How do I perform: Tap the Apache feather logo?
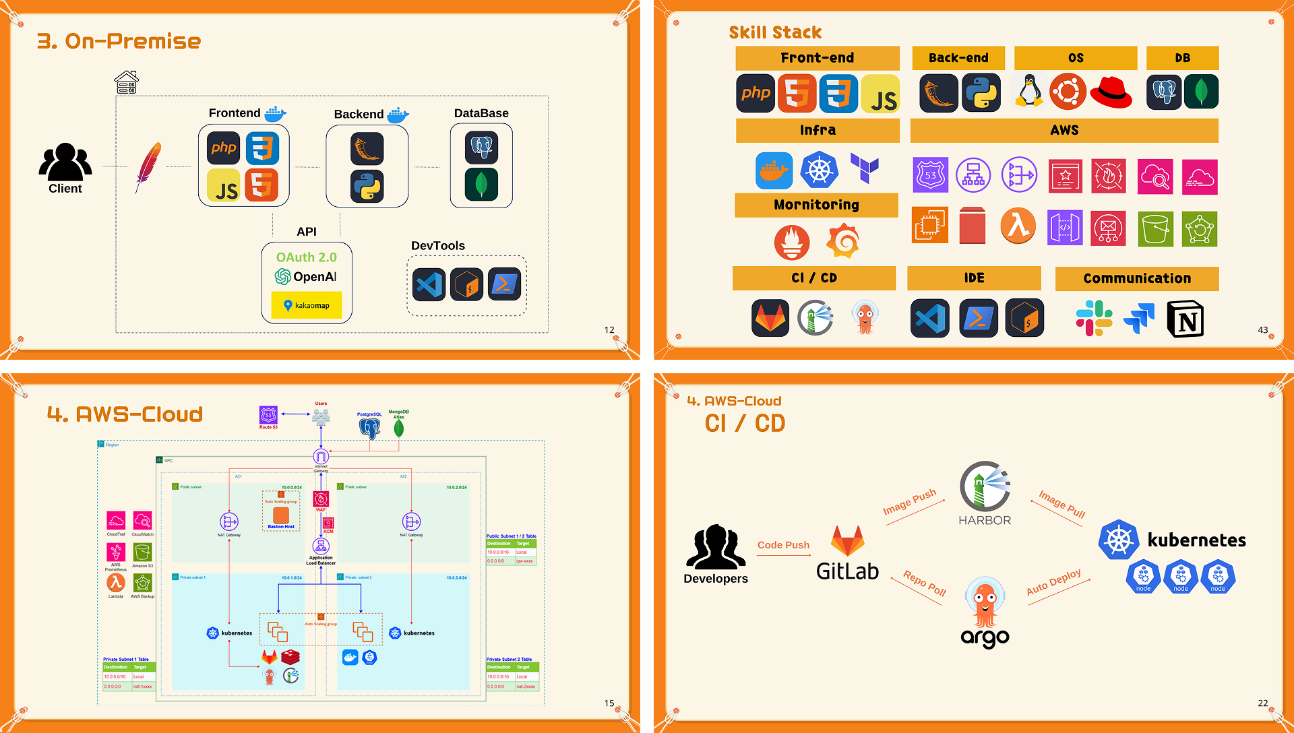pos(148,166)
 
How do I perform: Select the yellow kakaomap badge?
pos(307,305)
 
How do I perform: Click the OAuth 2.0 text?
pos(307,257)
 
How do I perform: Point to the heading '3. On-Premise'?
pos(119,41)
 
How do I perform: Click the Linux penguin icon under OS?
pos(1029,92)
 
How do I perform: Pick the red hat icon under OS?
pos(1111,92)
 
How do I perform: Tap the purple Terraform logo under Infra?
pos(864,168)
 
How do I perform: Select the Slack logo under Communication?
pos(1093,319)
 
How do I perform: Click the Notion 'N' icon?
pos(1185,319)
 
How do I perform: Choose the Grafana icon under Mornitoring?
pos(843,241)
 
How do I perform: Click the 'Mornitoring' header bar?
pos(816,205)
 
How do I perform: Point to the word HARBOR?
pos(985,520)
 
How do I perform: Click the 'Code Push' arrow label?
pos(783,545)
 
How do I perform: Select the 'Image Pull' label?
pos(1061,503)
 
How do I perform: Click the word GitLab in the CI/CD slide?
pos(847,571)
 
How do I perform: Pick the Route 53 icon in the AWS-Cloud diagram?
pos(268,415)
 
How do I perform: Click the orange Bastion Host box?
pos(281,515)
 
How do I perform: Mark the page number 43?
pos(1262,330)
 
